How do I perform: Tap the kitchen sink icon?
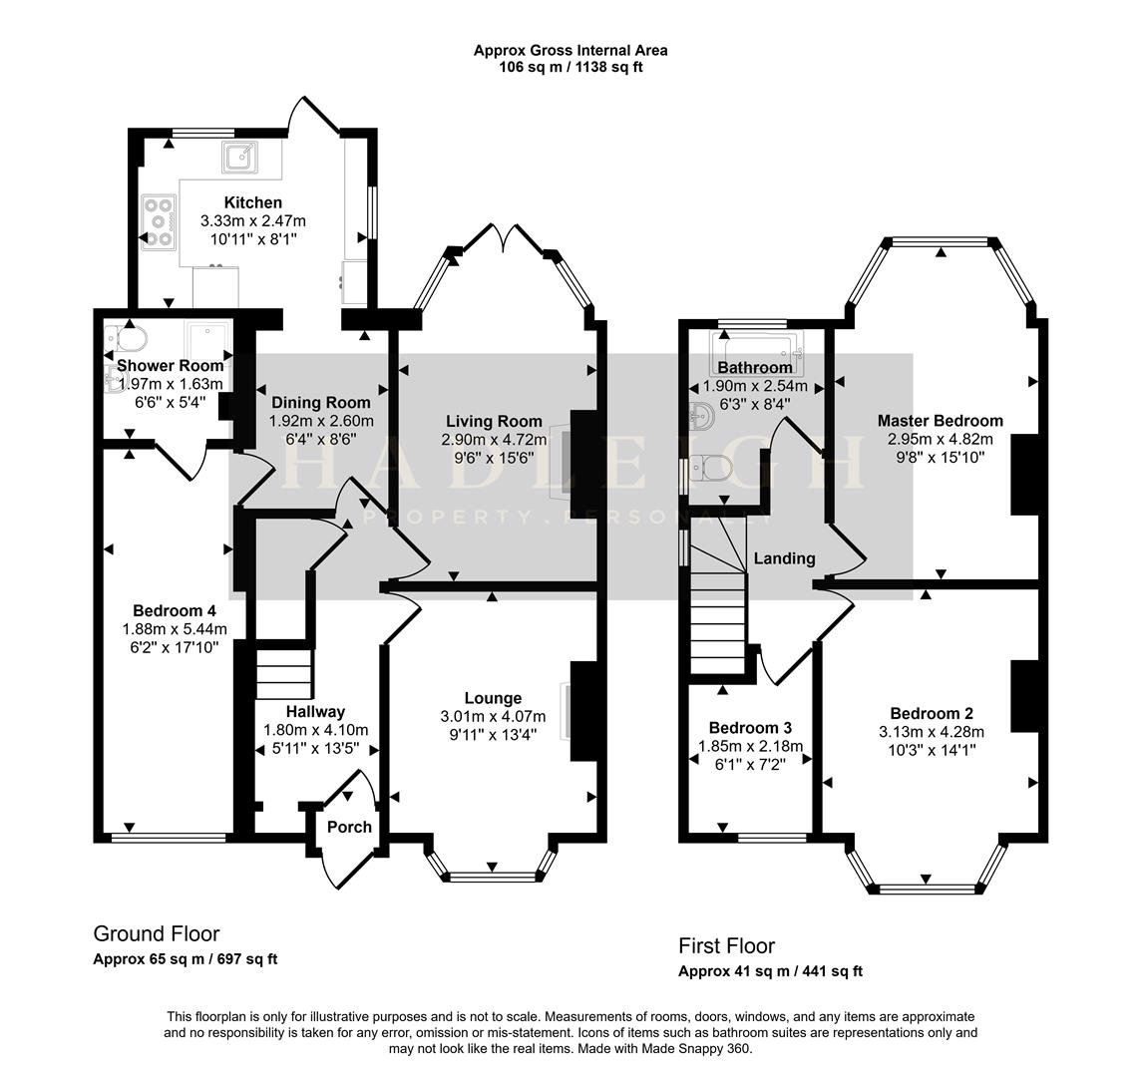coord(239,158)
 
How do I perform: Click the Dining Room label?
coord(319,403)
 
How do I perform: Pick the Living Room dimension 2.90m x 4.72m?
coord(494,440)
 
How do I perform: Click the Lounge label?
coord(493,698)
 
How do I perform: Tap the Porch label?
coord(349,827)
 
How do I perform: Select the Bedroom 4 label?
coord(175,610)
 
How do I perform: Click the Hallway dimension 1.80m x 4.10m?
coord(315,730)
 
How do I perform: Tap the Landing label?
coord(784,558)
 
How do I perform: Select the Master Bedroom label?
coord(941,421)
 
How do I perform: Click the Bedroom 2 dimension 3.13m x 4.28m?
coord(932,732)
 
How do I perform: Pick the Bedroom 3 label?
coord(751,728)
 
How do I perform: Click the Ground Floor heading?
coord(156,934)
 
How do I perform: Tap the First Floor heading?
coord(726,946)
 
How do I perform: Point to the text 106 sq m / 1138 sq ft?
coord(570,68)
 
